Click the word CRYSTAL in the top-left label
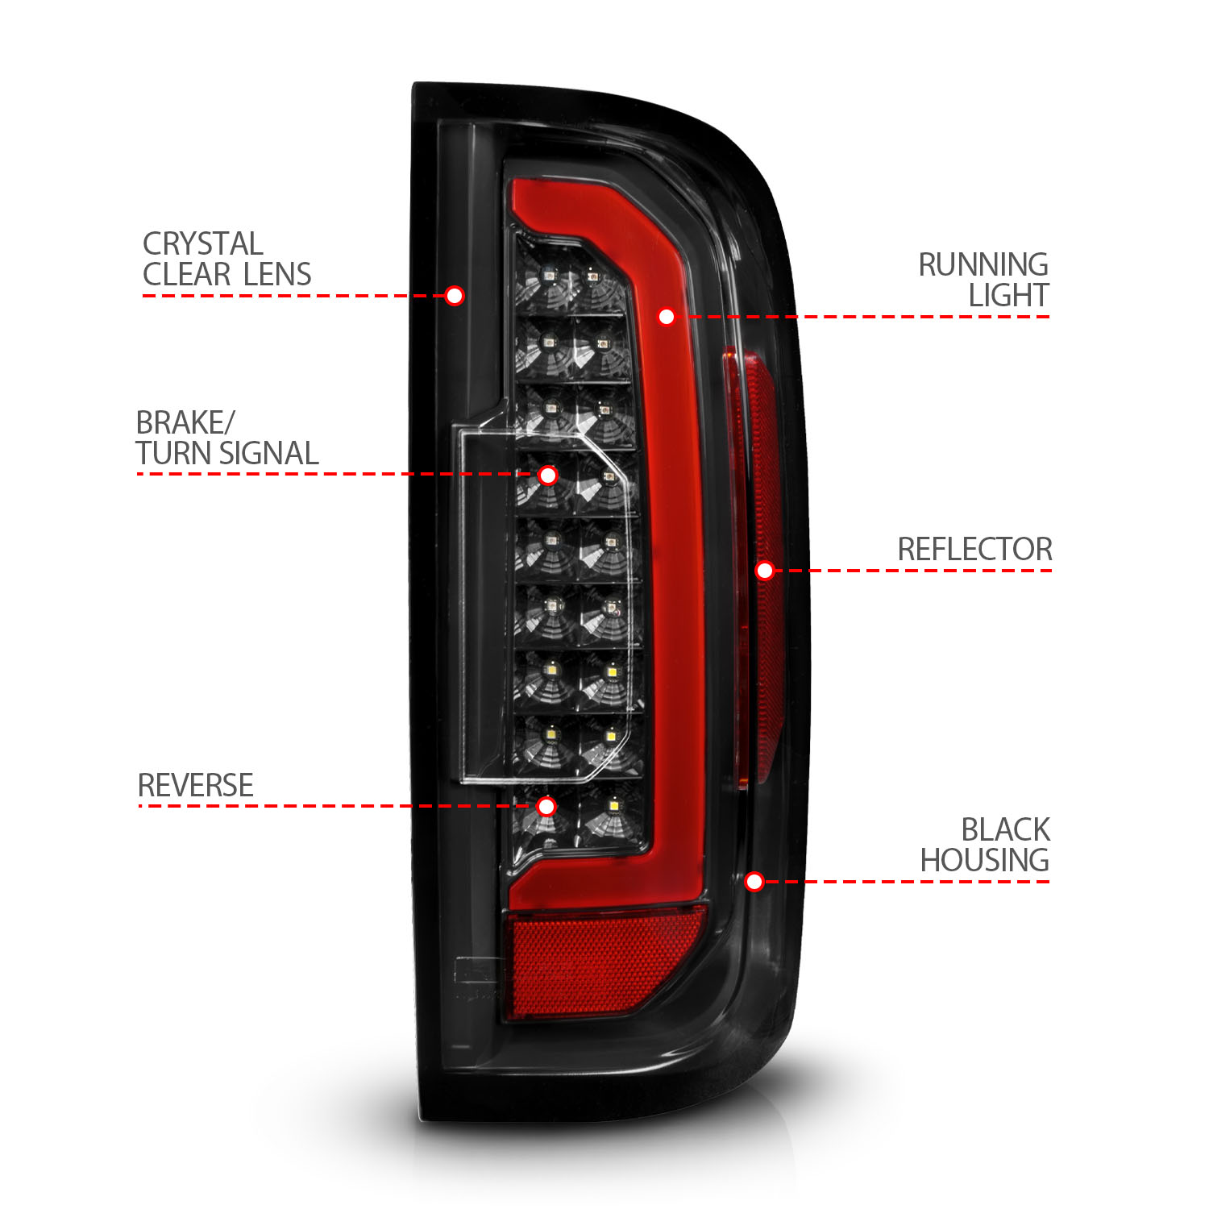202,243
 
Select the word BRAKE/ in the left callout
185,422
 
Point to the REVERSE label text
196,785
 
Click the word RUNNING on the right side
983,264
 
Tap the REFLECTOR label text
974,550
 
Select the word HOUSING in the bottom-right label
984,861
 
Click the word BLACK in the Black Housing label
1005,829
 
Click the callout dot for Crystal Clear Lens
455,296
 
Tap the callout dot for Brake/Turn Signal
548,476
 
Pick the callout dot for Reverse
546,807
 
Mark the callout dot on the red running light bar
667,317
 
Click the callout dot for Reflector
765,571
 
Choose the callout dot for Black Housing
754,882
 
